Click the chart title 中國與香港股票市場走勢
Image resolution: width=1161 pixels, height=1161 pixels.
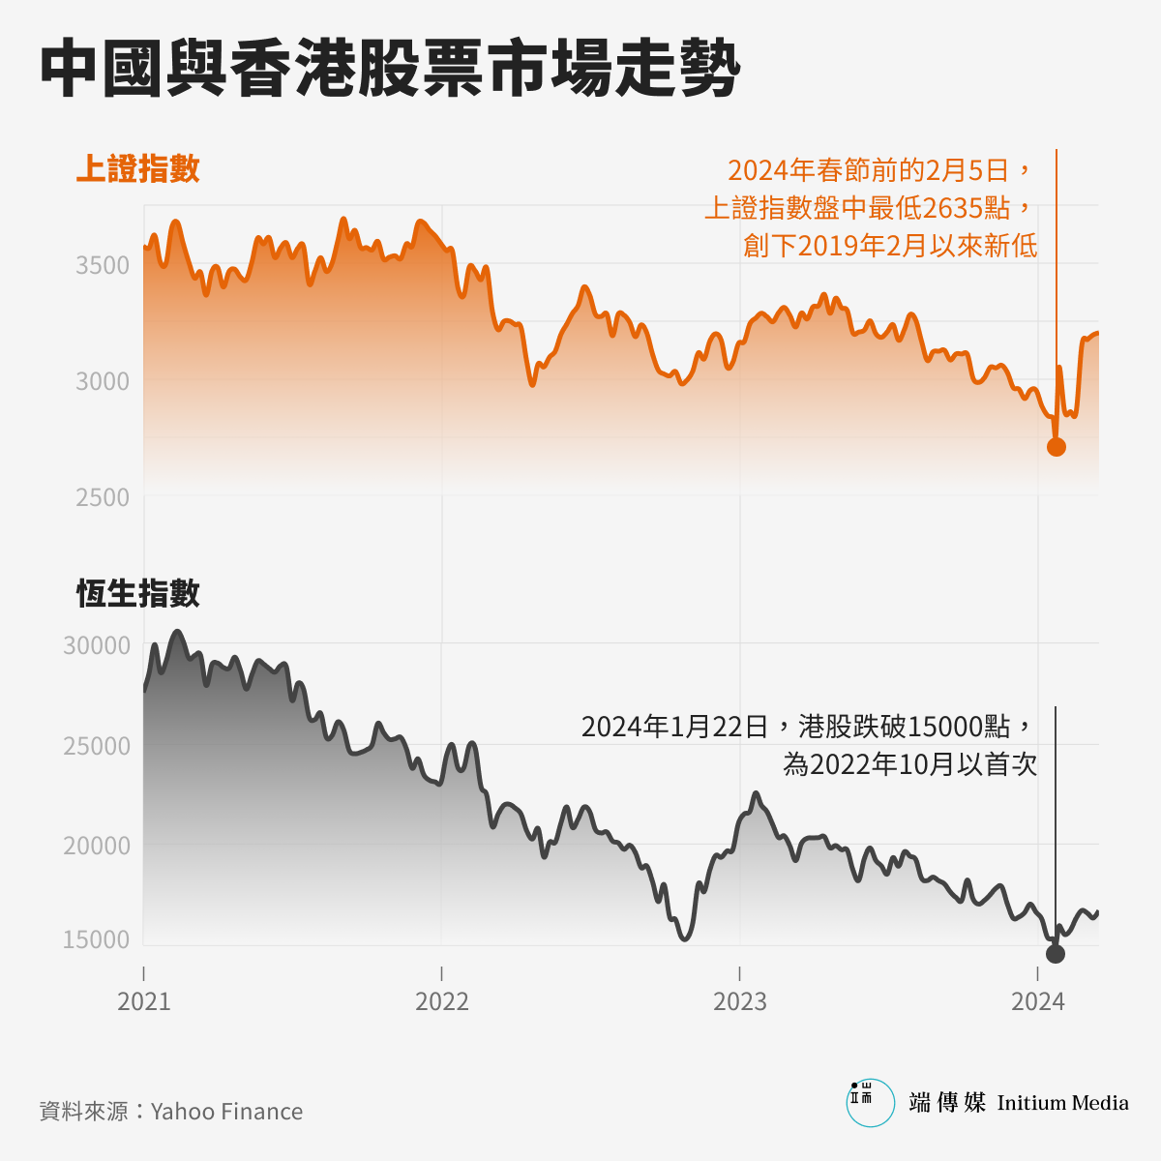click(x=390, y=70)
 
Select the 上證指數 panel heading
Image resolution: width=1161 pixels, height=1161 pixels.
click(x=138, y=168)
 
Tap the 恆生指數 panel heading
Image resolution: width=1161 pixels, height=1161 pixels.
click(x=138, y=593)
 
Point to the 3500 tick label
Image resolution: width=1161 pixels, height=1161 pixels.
click(x=103, y=265)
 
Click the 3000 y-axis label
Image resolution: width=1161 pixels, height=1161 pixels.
click(x=103, y=381)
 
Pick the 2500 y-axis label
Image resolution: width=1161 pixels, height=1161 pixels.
click(x=103, y=497)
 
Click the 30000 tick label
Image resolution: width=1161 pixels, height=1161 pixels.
click(x=97, y=645)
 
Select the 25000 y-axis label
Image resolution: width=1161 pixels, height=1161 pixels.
click(x=97, y=746)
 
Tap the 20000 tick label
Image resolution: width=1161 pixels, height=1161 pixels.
click(x=97, y=846)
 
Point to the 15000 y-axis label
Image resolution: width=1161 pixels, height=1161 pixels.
click(x=97, y=939)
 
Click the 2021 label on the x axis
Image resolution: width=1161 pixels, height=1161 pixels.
click(x=144, y=1001)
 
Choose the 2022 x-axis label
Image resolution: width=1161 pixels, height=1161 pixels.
click(x=442, y=1001)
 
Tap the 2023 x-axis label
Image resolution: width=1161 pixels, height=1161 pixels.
click(x=740, y=1001)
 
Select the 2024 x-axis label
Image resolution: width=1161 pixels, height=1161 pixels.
click(x=1038, y=1001)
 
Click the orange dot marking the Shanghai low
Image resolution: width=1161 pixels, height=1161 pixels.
click(x=1057, y=447)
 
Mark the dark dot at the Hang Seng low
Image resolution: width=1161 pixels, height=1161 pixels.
click(x=1056, y=954)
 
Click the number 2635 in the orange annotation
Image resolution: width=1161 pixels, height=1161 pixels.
click(x=952, y=208)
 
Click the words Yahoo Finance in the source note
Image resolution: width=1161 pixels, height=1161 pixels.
click(x=226, y=1111)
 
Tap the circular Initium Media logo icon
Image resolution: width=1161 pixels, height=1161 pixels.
click(x=871, y=1103)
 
